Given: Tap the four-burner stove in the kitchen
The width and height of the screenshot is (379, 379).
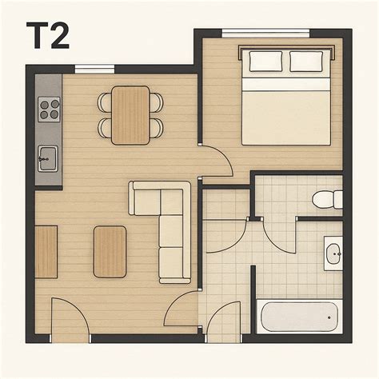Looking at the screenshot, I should coord(49,108).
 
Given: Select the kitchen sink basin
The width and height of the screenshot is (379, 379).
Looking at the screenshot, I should coord(47,158).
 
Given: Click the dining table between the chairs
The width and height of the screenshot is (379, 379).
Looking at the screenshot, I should coord(130,114).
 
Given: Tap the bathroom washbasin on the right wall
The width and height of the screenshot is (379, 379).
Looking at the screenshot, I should coord(333,253).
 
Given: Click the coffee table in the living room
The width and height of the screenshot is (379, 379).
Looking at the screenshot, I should coord(110,250).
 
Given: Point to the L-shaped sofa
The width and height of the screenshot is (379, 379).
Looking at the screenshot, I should coord(170,232).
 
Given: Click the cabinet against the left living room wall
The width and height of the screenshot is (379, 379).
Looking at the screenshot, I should coord(46,251).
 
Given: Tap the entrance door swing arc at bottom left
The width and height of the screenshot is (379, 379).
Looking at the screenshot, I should coord(70,316).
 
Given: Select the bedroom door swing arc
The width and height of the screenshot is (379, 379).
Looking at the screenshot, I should coord(216,160).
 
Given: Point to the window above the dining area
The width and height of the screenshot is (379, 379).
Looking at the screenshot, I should coord(95,69).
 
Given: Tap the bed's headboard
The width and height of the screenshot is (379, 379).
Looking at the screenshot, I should coord(286,49).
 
